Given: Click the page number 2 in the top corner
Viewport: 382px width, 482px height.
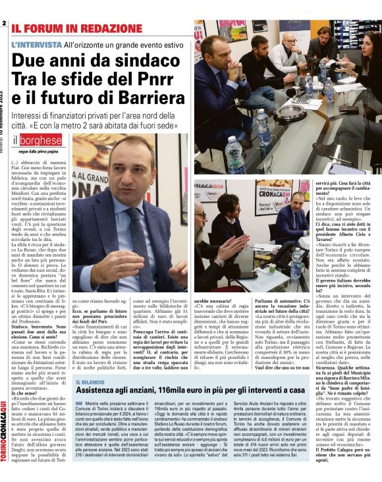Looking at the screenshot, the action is pyautogui.click(x=3, y=23).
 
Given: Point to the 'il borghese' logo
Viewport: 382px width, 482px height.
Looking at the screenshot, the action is pyautogui.click(x=36, y=140).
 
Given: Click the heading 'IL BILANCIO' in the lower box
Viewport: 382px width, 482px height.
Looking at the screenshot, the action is pyautogui.click(x=90, y=382).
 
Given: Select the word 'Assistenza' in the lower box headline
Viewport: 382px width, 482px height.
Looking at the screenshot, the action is pyautogui.click(x=102, y=391).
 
